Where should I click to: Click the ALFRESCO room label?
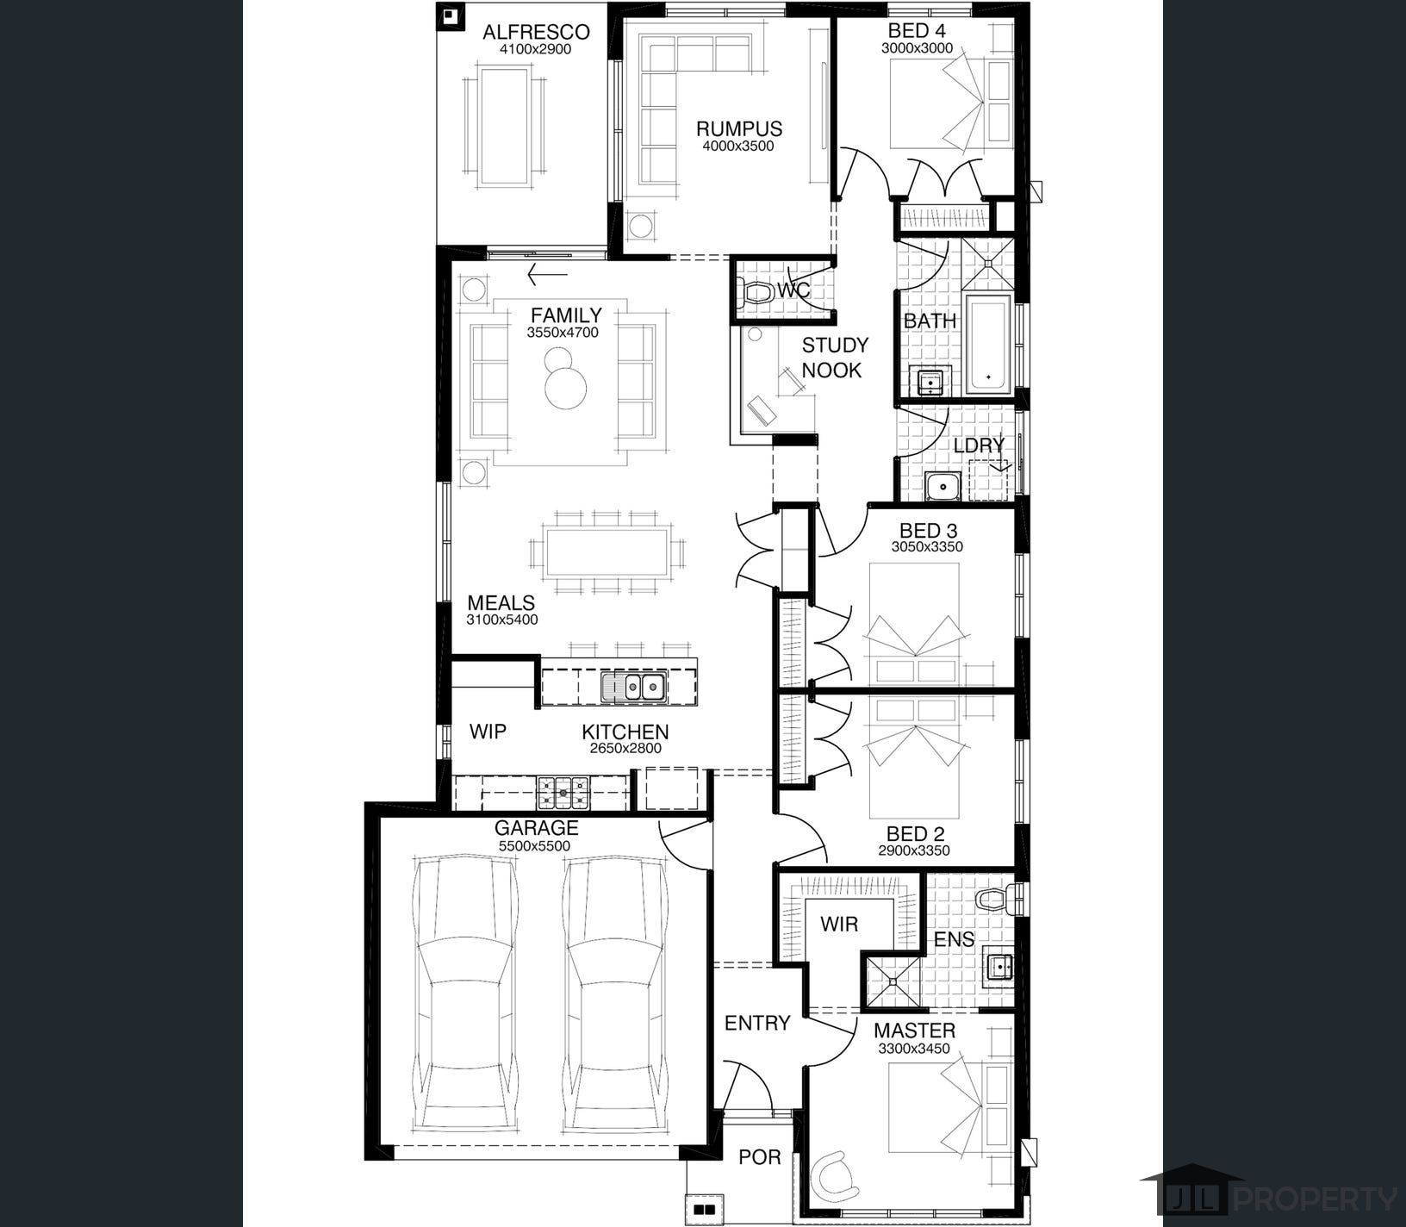536,33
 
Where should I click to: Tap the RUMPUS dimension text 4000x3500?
738,146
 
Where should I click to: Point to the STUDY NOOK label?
834,358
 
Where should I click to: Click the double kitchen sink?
633,687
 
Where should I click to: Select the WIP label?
488,732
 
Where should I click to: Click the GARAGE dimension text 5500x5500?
534,847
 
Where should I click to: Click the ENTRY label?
757,1024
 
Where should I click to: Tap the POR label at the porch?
760,1157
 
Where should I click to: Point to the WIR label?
839,925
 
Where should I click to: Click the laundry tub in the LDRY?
944,487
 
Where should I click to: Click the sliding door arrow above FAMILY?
547,276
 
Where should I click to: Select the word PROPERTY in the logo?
1316,1199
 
